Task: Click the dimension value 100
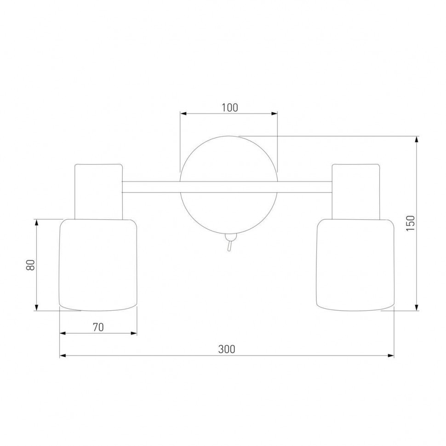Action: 229,108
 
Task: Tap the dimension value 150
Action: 411,223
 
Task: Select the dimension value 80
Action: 30,265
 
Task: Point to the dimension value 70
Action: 98,327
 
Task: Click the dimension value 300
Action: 227,349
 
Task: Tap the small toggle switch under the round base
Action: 229,242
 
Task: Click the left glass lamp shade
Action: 98,265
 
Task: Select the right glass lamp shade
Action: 355,265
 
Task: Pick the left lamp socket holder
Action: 98,192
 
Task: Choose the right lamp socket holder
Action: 356,192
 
